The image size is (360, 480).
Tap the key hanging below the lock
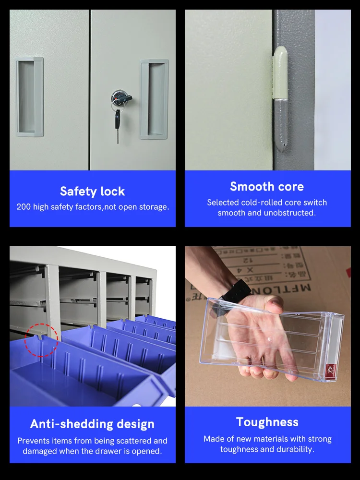pos(118,124)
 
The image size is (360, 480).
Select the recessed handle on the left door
pos(29,96)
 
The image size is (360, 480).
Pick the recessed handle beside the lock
pos(154,99)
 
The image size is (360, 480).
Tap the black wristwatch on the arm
pos(237,292)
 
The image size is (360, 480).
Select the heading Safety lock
pos(92,192)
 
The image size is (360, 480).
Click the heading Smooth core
pos(267,187)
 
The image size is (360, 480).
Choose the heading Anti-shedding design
pos(92,424)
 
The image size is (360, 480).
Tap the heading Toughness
pos(267,422)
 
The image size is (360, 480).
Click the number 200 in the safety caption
pos(24,207)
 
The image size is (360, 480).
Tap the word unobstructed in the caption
pos(291,213)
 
